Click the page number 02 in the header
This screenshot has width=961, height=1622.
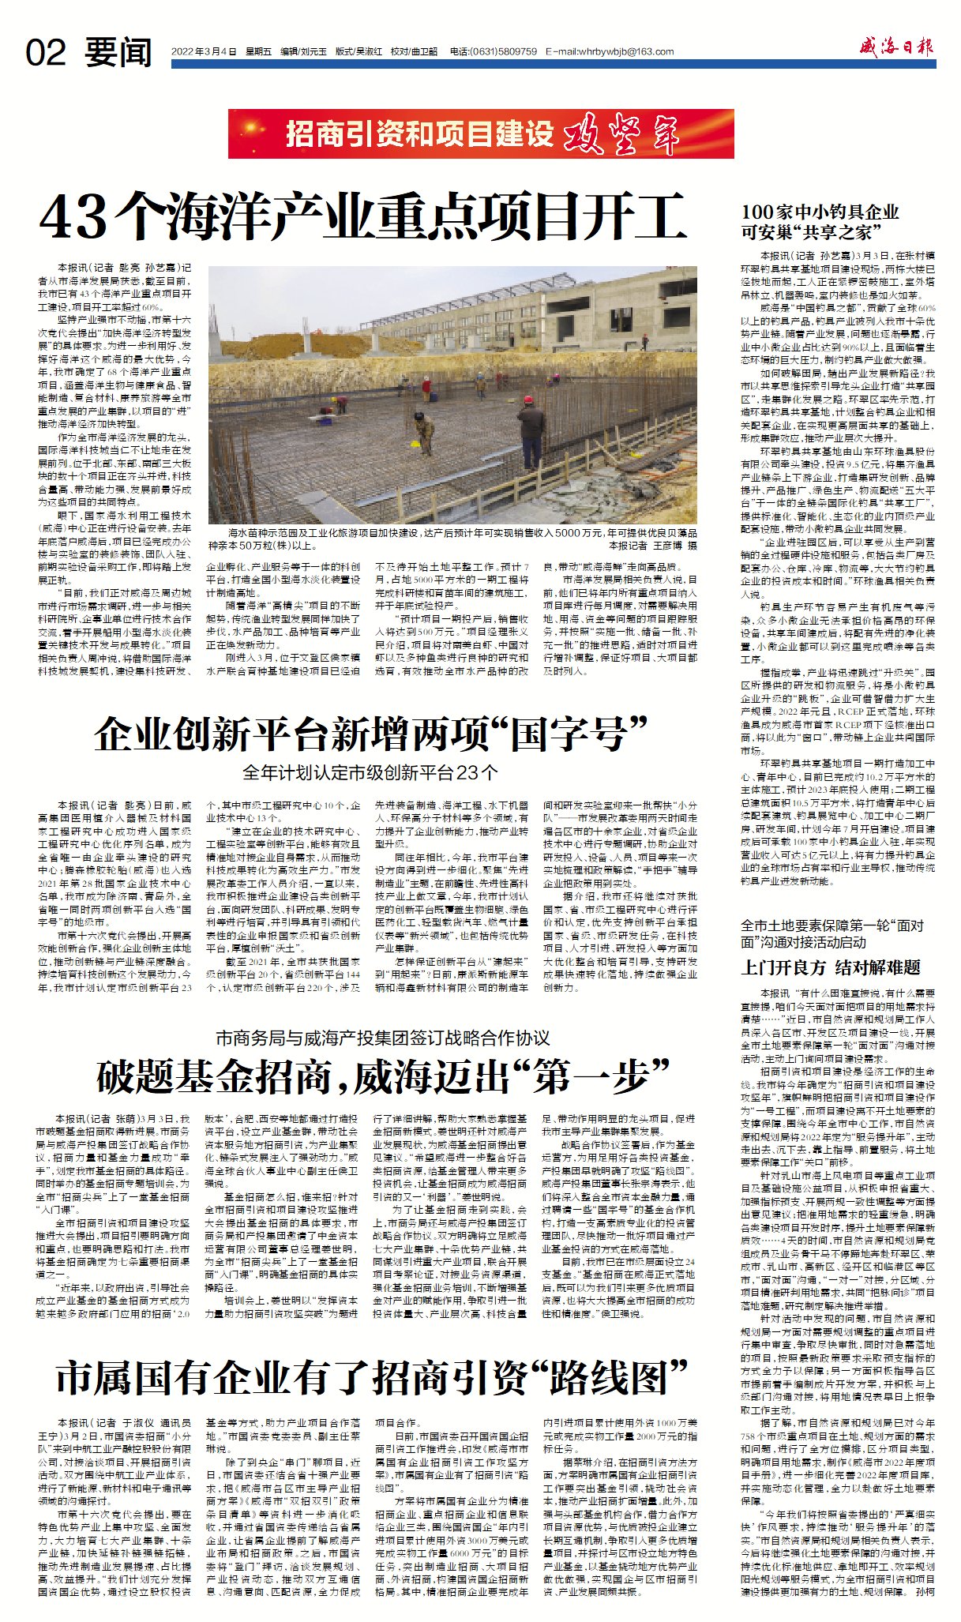coord(46,53)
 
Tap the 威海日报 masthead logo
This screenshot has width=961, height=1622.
coord(897,47)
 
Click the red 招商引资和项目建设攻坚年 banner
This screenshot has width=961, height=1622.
coord(481,134)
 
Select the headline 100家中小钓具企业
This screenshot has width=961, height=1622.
coord(820,212)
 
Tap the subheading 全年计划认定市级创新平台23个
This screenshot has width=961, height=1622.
coord(370,772)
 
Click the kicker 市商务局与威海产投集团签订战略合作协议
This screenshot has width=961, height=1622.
coord(383,1038)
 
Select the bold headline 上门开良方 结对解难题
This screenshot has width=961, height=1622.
coord(831,967)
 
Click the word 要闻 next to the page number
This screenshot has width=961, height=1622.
coord(118,53)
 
